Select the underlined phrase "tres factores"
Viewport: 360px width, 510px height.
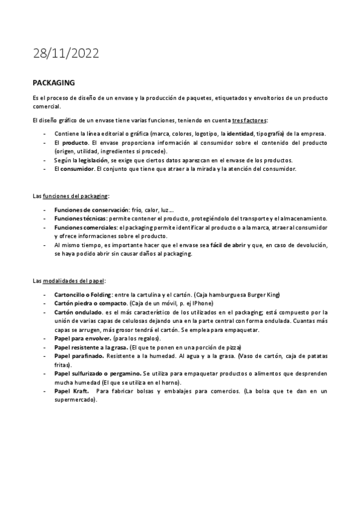pos(249,120)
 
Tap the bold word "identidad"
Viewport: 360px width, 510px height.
pos(240,133)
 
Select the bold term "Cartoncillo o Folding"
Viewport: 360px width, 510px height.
pos(82,294)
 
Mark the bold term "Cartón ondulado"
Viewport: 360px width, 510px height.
pos(76,312)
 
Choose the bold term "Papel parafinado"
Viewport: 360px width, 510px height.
pos(78,357)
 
